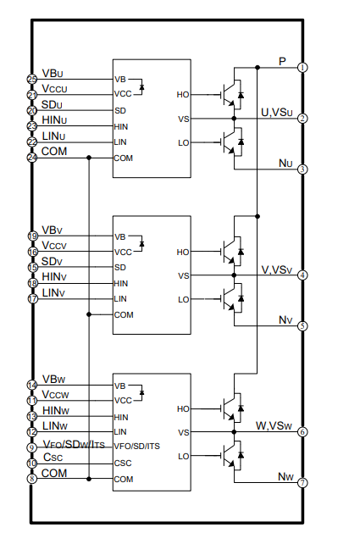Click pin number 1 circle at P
pos(302,67)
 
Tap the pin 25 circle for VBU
pos(32,79)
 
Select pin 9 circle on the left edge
pos(32,447)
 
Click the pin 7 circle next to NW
pos(302,482)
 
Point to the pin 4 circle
pos(302,275)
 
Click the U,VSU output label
pos(277,113)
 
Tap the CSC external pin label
pos(53,458)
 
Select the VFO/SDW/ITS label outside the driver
pos(74,444)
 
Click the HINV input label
pos(54,277)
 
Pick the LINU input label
pos(53,136)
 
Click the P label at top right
pos(282,61)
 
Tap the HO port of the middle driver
pos(183,252)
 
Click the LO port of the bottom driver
pos(184,456)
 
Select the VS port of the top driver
pos(184,119)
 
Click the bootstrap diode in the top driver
pos(141,86)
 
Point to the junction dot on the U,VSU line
pos(234,119)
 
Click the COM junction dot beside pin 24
pos(89,158)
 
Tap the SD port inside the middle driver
pos(120,268)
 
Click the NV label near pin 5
pos(285,320)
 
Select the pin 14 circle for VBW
pos(32,385)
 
